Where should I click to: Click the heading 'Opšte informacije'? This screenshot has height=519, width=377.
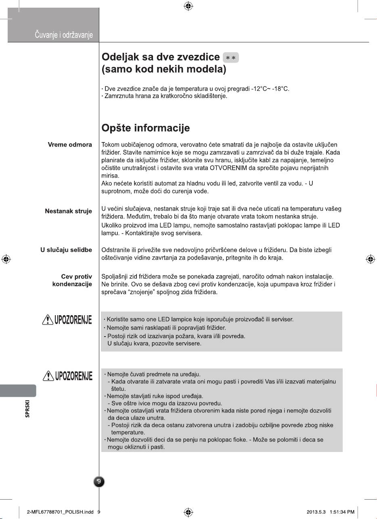point(145,128)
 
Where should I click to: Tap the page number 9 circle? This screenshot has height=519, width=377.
point(99,481)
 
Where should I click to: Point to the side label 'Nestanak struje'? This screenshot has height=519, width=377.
point(68,211)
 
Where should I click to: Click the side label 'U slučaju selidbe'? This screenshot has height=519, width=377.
point(63,251)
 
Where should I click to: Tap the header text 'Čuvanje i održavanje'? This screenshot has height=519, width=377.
point(64,36)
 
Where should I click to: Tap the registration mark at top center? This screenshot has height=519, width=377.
point(188,6)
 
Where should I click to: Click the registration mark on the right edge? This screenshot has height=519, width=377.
point(369,259)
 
